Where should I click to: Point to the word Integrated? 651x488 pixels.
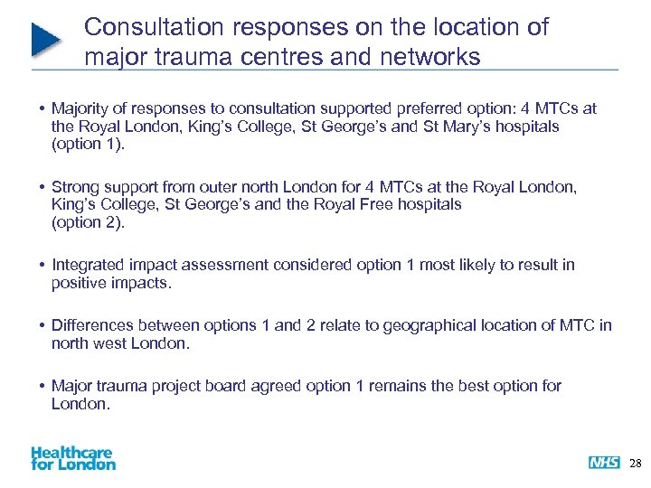89,265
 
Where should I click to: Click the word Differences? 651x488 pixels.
94,325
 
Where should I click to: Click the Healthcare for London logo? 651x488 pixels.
73,457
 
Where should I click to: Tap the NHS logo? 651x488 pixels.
604,463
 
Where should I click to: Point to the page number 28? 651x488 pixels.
635,463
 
